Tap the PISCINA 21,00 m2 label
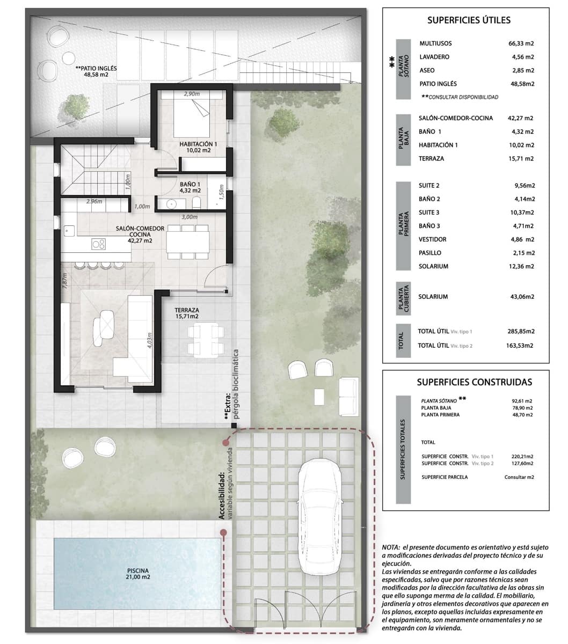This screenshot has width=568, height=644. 139,574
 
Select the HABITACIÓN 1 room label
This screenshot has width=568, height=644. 198,147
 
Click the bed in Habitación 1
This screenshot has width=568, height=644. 192,116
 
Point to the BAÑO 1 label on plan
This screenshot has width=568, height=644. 190,187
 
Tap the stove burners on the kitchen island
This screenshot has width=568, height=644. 98,244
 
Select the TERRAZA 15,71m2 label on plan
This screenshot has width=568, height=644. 186,313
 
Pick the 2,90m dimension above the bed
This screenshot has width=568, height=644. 192,94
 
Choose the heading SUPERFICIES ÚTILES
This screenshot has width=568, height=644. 468,20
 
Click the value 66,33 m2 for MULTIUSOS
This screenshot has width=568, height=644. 521,43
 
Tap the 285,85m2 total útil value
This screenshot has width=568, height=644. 521,332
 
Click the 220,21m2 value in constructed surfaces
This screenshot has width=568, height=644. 522,456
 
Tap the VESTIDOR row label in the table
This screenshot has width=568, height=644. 432,239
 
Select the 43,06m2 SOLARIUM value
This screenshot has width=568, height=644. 521,297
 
